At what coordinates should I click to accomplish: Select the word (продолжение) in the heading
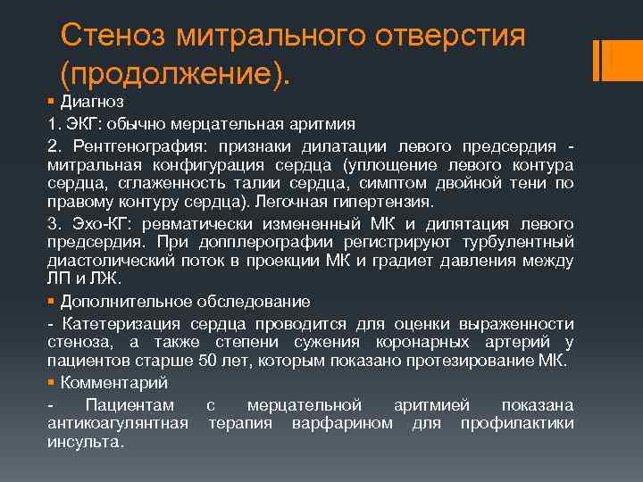[x=175, y=75]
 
